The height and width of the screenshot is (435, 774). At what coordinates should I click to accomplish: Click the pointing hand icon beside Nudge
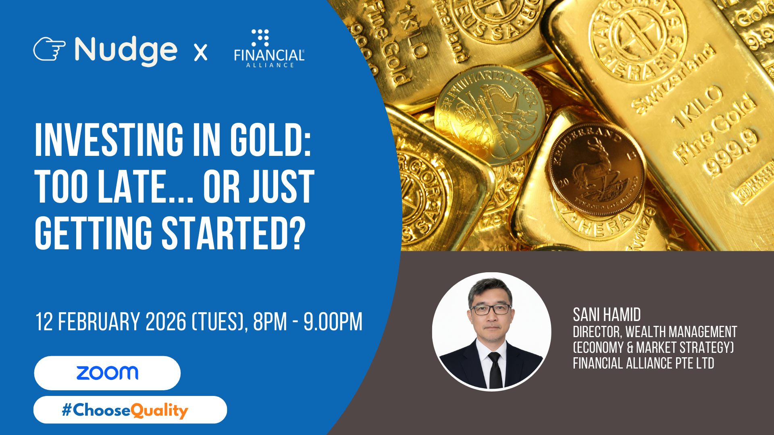pyautogui.click(x=49, y=49)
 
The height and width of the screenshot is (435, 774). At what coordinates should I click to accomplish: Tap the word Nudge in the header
pyautogui.click(x=126, y=51)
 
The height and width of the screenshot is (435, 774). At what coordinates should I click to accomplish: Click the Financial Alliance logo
pyautogui.click(x=269, y=48)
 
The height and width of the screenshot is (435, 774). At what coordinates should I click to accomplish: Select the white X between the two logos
pyautogui.click(x=201, y=52)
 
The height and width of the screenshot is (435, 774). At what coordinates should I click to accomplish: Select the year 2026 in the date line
pyautogui.click(x=166, y=322)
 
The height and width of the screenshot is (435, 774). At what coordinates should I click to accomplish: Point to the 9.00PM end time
pyautogui.click(x=333, y=322)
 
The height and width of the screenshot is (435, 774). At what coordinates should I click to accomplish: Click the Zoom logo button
pyautogui.click(x=107, y=373)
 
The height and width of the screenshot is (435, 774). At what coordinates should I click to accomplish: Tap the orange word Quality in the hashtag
pyautogui.click(x=159, y=410)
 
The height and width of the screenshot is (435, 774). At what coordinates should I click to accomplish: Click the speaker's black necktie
pyautogui.click(x=495, y=371)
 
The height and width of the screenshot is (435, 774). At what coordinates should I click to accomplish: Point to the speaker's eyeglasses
pyautogui.click(x=491, y=309)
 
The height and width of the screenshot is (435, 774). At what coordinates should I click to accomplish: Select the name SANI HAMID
pyautogui.click(x=607, y=315)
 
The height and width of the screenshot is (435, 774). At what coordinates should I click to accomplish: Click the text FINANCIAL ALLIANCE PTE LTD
pyautogui.click(x=643, y=363)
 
